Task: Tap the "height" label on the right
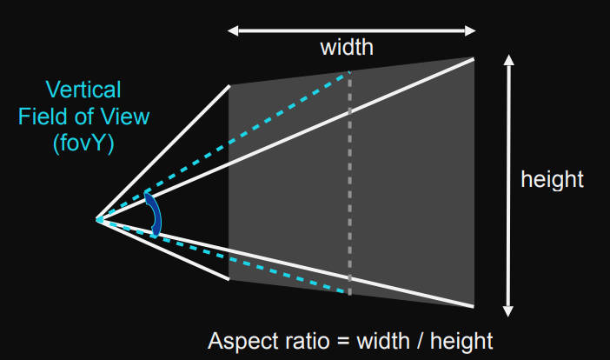[552, 180]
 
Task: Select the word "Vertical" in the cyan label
[84, 90]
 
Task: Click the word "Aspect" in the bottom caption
[239, 341]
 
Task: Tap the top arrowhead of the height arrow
[510, 62]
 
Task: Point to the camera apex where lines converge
[97, 219]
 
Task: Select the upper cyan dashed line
[252, 135]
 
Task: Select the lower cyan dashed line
[252, 262]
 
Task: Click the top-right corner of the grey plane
[474, 58]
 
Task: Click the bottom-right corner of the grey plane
[474, 306]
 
